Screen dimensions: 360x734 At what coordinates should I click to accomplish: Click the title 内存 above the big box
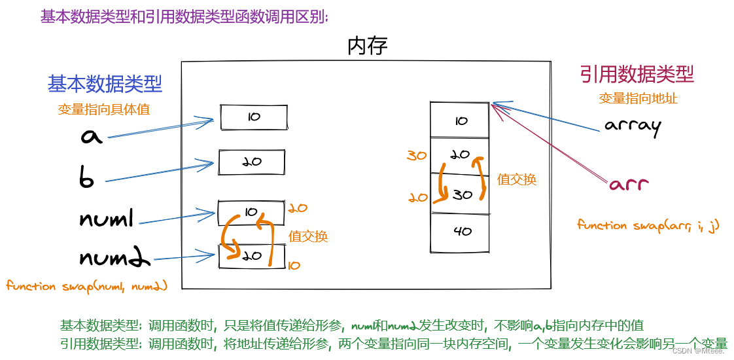pos(368,46)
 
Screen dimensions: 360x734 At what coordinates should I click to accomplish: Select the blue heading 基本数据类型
pos(105,84)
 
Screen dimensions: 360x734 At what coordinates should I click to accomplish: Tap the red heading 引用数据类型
pos(637,75)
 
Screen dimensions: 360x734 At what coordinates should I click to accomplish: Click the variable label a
pos(92,136)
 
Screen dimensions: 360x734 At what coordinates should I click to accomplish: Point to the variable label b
pos(87,179)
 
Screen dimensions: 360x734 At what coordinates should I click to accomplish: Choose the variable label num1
pos(107,219)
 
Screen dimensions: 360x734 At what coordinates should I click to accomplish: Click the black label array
pos(633,125)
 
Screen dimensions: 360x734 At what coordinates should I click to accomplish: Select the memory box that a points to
pos(253,117)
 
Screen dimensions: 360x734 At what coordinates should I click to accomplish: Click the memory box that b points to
pos(252,162)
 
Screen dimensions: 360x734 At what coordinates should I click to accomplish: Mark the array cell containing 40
pos(460,232)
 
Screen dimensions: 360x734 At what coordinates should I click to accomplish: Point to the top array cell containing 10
pos(460,120)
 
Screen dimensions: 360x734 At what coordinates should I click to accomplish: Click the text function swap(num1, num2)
pos(87,286)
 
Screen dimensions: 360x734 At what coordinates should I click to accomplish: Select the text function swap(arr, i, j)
pos(648,226)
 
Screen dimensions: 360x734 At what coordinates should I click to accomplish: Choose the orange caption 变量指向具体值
pos(104,109)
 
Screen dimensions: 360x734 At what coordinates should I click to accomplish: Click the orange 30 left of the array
pos(417,156)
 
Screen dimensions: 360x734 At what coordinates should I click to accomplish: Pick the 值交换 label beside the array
pos(517,179)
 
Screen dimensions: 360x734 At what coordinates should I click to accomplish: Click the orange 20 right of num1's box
pos(297,209)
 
